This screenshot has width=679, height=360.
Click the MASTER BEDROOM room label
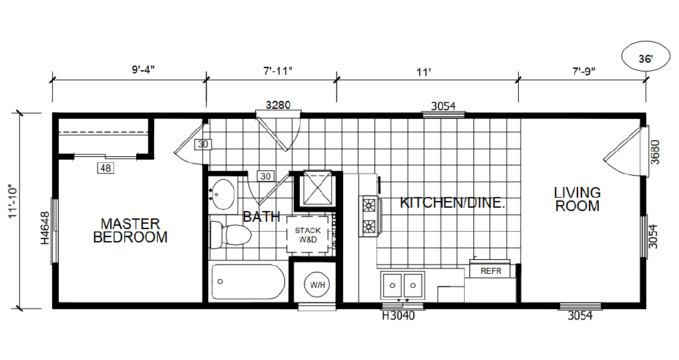130,230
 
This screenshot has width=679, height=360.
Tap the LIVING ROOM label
578,199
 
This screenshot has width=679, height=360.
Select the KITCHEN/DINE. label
453,203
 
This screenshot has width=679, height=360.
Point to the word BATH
262,216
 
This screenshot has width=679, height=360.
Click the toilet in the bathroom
230,234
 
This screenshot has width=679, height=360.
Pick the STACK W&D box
308,234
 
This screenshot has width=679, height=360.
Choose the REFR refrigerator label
491,271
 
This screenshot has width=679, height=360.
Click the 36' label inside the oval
645,59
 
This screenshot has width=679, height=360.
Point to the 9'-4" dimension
144,69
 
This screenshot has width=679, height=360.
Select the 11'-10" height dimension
13,202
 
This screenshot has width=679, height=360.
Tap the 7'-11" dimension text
278,71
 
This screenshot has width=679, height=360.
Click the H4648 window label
45,228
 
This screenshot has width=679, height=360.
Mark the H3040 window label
398,316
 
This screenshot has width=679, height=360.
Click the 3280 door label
278,105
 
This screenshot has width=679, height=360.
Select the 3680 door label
655,152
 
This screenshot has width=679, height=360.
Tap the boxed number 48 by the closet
105,168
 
